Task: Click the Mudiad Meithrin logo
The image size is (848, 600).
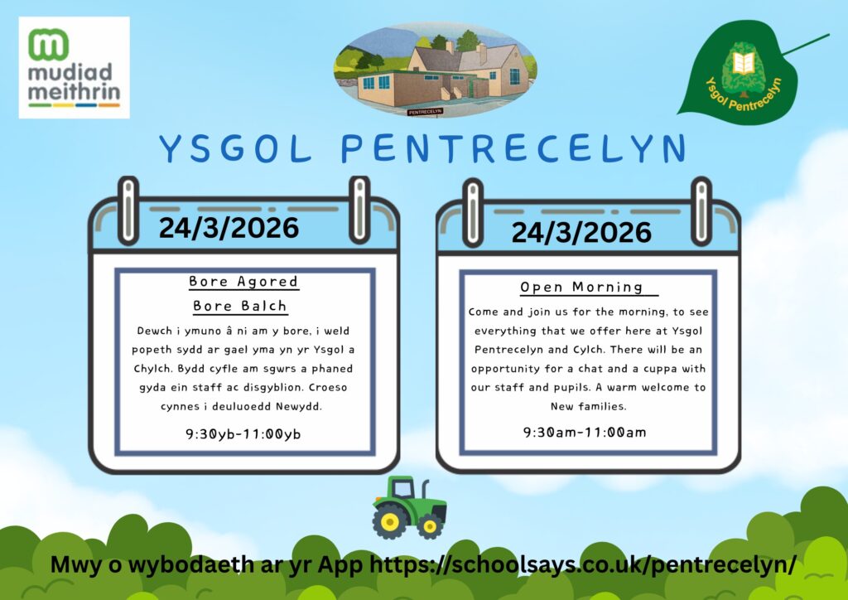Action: [x=74, y=68]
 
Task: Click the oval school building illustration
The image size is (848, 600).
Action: [x=436, y=70]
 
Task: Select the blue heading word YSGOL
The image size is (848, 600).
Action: [x=236, y=148]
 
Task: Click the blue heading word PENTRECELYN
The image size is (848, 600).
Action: [x=513, y=148]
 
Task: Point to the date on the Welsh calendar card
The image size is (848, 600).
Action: [x=229, y=228]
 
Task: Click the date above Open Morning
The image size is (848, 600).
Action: [x=581, y=233]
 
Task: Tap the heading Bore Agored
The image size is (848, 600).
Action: [x=243, y=281]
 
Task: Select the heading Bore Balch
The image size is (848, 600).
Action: [x=240, y=307]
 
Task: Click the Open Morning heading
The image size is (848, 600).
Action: [x=581, y=287]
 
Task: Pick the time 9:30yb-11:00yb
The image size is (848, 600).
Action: [x=243, y=434]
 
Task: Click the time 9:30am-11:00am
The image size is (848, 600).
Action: [x=585, y=433]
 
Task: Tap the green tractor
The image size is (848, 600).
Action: [x=409, y=507]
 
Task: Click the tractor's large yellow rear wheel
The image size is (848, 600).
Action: [x=390, y=521]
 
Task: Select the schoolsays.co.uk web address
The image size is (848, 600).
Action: [x=582, y=565]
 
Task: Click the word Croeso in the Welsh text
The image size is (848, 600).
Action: [x=328, y=387]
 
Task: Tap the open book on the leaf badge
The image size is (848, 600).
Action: [x=744, y=63]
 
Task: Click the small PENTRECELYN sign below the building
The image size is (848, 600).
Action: [x=425, y=112]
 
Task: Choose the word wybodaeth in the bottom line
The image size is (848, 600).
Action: [x=172, y=565]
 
